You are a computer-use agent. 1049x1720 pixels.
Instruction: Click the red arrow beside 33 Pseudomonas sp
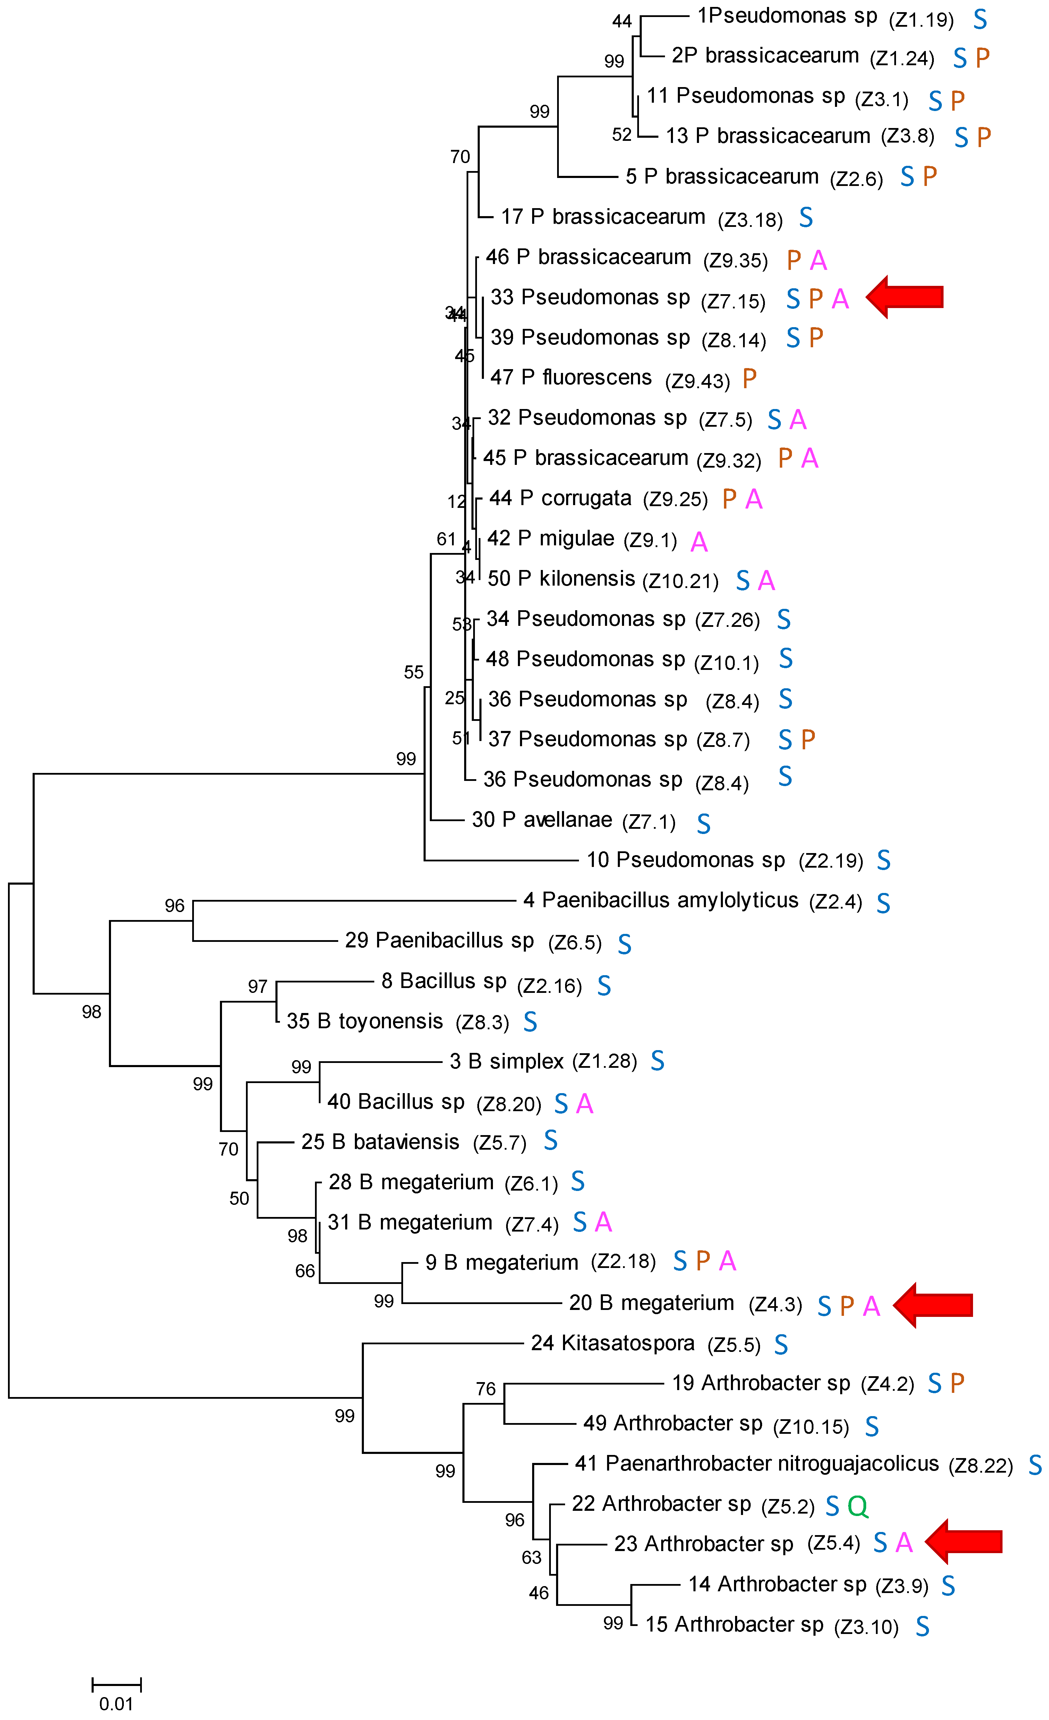905,297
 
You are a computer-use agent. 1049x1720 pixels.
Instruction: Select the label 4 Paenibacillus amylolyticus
660,900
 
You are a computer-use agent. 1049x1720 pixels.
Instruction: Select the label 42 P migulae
551,538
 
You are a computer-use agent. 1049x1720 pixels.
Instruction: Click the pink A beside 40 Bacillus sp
585,1104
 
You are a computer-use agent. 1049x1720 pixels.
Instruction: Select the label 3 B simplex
507,1061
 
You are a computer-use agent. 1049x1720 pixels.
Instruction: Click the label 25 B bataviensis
381,1141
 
